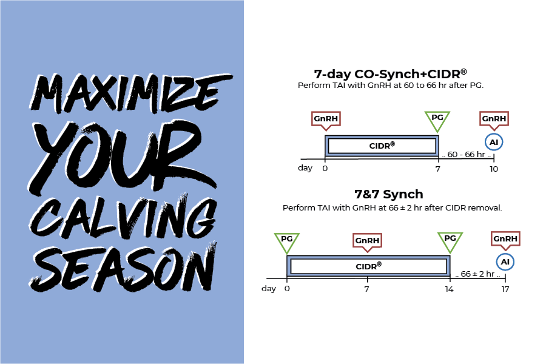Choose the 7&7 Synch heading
[x=389, y=195]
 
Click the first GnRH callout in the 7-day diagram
[x=325, y=118]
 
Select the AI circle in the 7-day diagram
[x=494, y=141]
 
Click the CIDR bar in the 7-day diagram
[x=382, y=146]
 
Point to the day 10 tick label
[x=494, y=169]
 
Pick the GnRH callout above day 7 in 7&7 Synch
[x=367, y=240]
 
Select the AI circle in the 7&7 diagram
[x=505, y=262]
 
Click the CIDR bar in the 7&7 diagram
[x=368, y=266]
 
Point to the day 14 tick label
[x=450, y=289]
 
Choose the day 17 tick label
[x=505, y=289]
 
